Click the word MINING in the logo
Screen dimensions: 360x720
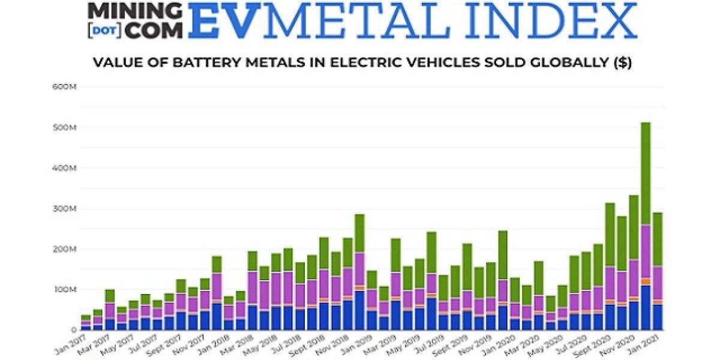[x=134, y=10]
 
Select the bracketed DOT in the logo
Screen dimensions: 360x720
[x=104, y=29]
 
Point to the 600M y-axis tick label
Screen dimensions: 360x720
[x=65, y=87]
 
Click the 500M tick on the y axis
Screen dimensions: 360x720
[x=65, y=128]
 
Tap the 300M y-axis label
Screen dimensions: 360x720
[x=65, y=209]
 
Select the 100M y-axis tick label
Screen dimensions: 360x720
[x=65, y=290]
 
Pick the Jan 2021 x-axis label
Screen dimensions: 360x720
[x=649, y=343]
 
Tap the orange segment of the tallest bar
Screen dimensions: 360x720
[x=646, y=281]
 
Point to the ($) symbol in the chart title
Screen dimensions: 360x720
[x=623, y=62]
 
